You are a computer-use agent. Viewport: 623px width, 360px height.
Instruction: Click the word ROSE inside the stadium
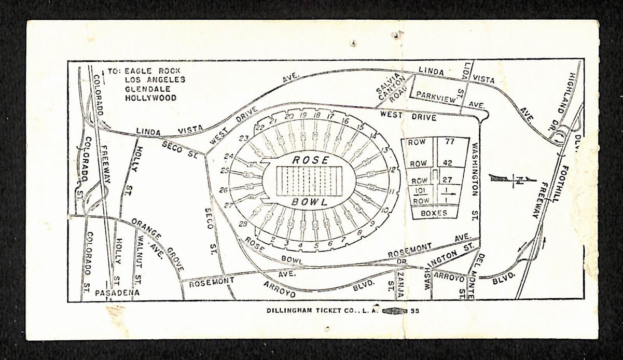[x=310, y=160]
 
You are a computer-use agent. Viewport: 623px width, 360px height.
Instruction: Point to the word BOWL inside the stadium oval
[x=309, y=201]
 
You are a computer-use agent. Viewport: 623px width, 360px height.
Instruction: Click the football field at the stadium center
[x=310, y=181]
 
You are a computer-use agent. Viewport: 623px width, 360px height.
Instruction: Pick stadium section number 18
[x=317, y=115]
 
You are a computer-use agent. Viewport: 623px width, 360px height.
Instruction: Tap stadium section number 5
[x=315, y=244]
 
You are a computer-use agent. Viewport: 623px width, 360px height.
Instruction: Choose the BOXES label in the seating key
[x=435, y=213]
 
